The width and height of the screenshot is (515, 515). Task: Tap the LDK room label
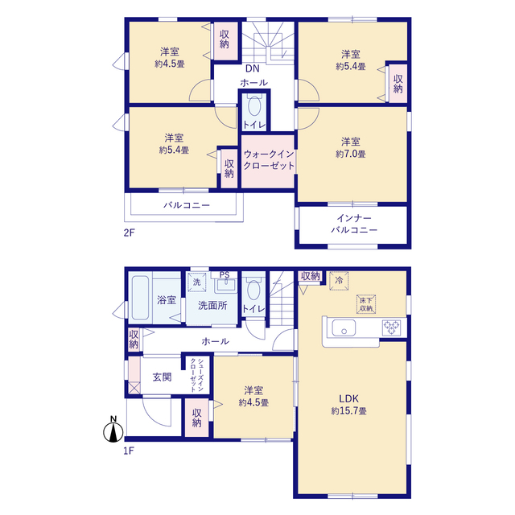point(348,399)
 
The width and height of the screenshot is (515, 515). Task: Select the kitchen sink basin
point(344,328)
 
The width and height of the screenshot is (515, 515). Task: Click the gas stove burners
point(392,328)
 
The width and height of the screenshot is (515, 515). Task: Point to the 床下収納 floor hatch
point(366,304)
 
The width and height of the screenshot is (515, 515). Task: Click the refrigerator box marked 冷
point(339,281)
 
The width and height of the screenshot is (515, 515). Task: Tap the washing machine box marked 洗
point(196,282)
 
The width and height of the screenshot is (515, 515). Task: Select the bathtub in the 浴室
point(140,297)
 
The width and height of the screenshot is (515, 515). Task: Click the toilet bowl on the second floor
point(254,106)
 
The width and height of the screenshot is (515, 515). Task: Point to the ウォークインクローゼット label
point(269,160)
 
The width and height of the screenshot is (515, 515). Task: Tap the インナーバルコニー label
point(354,224)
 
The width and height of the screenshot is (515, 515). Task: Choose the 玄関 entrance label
point(163,377)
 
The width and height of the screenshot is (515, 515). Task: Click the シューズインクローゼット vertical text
point(196,375)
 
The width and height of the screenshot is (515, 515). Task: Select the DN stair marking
point(253,68)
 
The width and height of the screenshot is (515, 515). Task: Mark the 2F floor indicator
point(129,233)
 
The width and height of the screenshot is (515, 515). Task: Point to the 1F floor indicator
point(129,451)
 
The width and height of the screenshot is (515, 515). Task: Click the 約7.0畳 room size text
point(351,154)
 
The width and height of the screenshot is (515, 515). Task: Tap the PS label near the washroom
point(225,274)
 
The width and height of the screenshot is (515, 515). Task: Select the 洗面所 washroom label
point(212,306)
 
